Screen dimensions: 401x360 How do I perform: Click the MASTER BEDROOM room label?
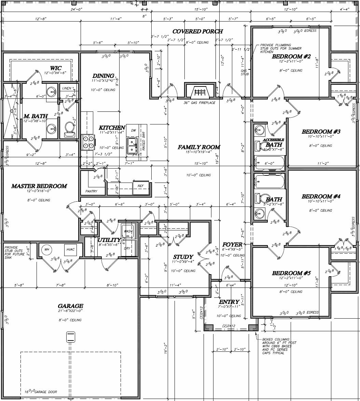click(39, 186)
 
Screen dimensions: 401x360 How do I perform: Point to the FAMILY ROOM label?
click(199, 147)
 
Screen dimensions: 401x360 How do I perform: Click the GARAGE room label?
click(70, 306)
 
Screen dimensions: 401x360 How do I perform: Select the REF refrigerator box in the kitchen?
click(141, 186)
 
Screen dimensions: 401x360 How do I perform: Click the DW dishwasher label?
click(133, 131)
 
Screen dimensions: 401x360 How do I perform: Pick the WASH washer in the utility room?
click(128, 231)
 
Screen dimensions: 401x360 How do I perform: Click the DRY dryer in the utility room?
click(127, 248)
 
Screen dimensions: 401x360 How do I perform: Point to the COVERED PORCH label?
click(197, 31)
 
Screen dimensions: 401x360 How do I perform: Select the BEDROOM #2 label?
click(291, 56)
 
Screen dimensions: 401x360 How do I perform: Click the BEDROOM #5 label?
click(291, 273)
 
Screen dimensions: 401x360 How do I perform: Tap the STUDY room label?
click(183, 257)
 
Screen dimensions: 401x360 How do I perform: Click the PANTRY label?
click(91, 191)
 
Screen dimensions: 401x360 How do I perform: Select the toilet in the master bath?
click(70, 128)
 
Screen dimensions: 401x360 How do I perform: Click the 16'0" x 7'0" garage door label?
click(41, 392)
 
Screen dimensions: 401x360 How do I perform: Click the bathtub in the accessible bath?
click(269, 163)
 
